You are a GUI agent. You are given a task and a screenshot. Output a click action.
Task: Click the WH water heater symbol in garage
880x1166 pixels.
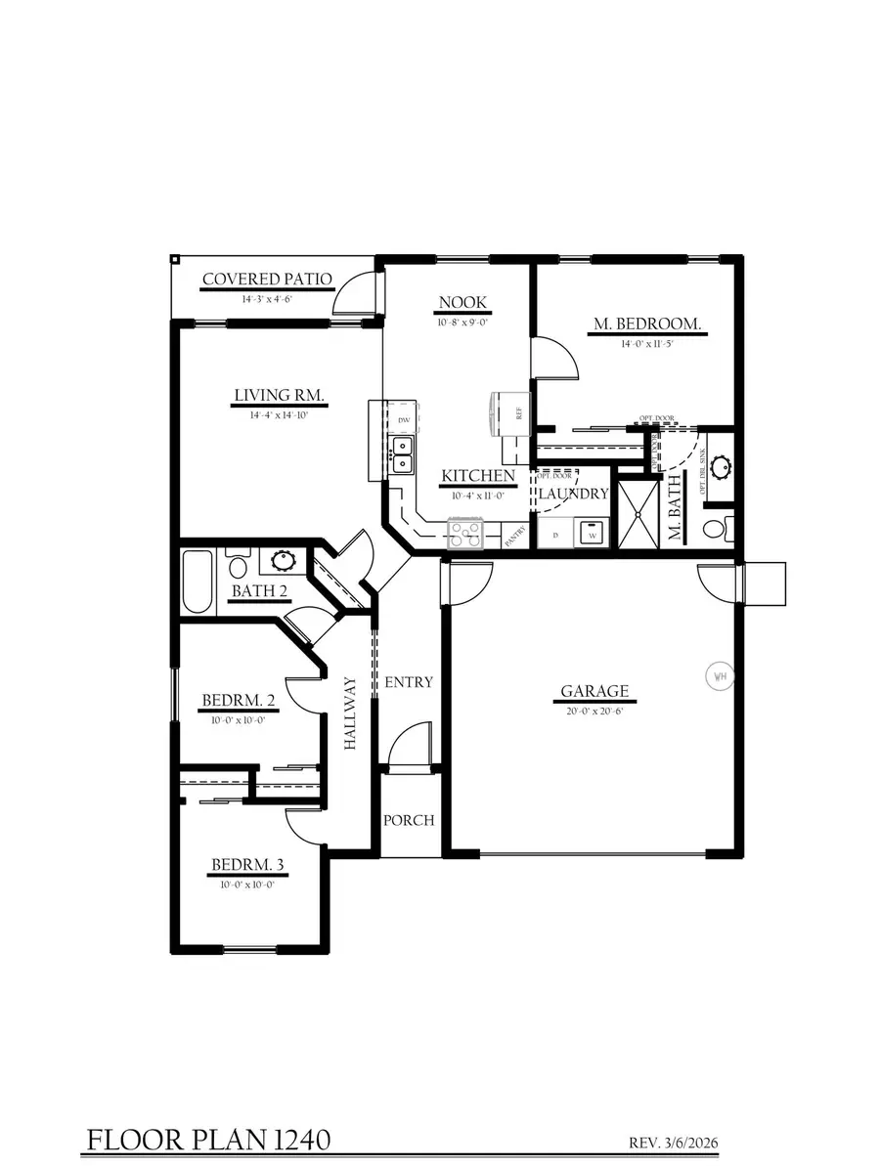(x=720, y=675)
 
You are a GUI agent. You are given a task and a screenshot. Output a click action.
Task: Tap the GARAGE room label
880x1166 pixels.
(x=594, y=691)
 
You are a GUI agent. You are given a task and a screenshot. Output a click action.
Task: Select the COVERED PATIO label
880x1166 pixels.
(x=267, y=281)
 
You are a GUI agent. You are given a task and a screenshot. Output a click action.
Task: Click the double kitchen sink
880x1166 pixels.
(x=402, y=454)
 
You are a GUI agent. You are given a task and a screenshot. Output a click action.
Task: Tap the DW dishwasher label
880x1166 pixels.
(x=404, y=421)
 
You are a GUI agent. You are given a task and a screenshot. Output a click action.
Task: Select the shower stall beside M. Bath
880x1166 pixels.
(x=637, y=513)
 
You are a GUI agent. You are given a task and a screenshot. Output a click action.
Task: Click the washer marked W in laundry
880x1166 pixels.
(x=591, y=534)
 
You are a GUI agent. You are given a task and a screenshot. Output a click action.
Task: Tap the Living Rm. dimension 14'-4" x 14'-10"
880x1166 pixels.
(x=279, y=414)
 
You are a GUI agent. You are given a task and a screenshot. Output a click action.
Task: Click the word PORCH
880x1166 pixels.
(x=408, y=820)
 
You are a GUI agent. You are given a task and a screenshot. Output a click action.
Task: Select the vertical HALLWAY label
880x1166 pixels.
(x=350, y=713)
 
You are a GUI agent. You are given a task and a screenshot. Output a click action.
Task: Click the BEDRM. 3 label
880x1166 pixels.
(x=247, y=865)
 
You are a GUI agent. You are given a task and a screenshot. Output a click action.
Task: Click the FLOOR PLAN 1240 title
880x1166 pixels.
(x=208, y=1140)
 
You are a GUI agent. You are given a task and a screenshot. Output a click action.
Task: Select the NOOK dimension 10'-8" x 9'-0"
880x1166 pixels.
(x=462, y=321)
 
